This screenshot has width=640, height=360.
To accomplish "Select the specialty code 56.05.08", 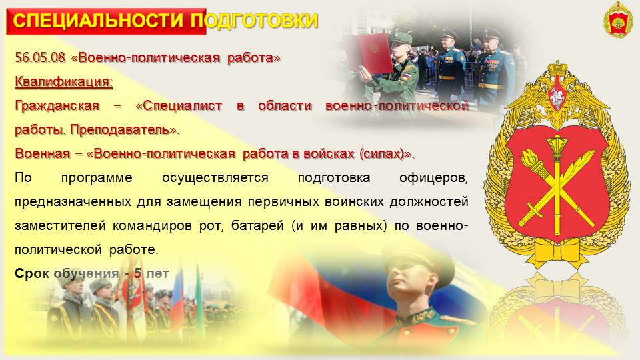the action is tap(40, 57).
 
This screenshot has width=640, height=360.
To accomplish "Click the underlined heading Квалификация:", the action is tap(64, 81).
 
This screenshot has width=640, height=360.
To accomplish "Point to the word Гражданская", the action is tap(57, 106).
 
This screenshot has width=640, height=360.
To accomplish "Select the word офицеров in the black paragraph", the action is tap(433, 178).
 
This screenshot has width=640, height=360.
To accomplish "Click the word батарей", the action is tap(257, 226).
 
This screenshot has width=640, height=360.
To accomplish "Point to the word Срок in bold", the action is tap(32, 273).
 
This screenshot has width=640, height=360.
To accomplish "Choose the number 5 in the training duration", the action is tap(138, 273).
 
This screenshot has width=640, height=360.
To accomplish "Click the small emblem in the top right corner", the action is tap(618, 19).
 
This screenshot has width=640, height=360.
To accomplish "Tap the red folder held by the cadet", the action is tap(368, 53).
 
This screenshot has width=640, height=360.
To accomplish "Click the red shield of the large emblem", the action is tap(557, 184).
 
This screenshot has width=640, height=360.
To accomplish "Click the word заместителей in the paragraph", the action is tap(61, 226).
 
